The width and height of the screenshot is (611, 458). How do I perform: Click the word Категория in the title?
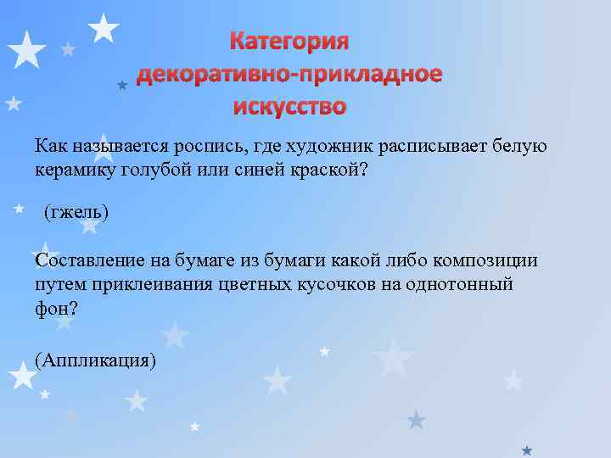pos(290,42)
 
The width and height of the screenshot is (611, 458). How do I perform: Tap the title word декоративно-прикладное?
pos(290,75)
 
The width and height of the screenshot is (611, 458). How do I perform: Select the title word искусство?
pos(290,107)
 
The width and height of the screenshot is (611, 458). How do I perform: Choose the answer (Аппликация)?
pos(97,359)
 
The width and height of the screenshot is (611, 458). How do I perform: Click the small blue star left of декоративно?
pos(122,85)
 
